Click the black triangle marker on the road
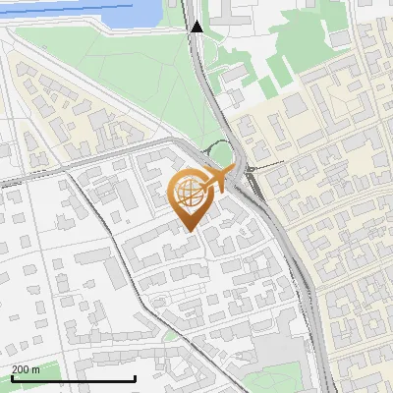pyautogui.click(x=196, y=27)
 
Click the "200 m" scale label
pyautogui.click(x=26, y=369)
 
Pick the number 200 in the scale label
pyautogui.click(x=21, y=369)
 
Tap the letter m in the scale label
pyautogui.click(x=35, y=369)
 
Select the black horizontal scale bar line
pyautogui.click(x=73, y=378)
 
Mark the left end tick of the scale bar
pyautogui.click(x=11, y=376)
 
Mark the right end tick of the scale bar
pyautogui.click(x=135, y=376)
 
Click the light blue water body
pyautogui.click(x=128, y=14)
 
